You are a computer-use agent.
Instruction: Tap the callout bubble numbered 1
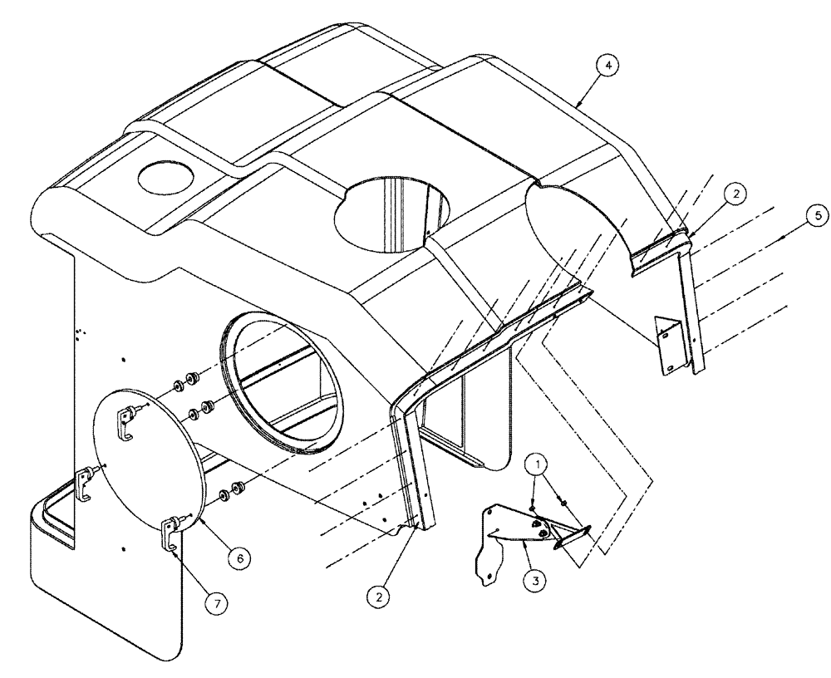pyautogui.click(x=539, y=461)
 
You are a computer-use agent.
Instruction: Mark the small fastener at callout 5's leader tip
pyautogui.click(x=784, y=238)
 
